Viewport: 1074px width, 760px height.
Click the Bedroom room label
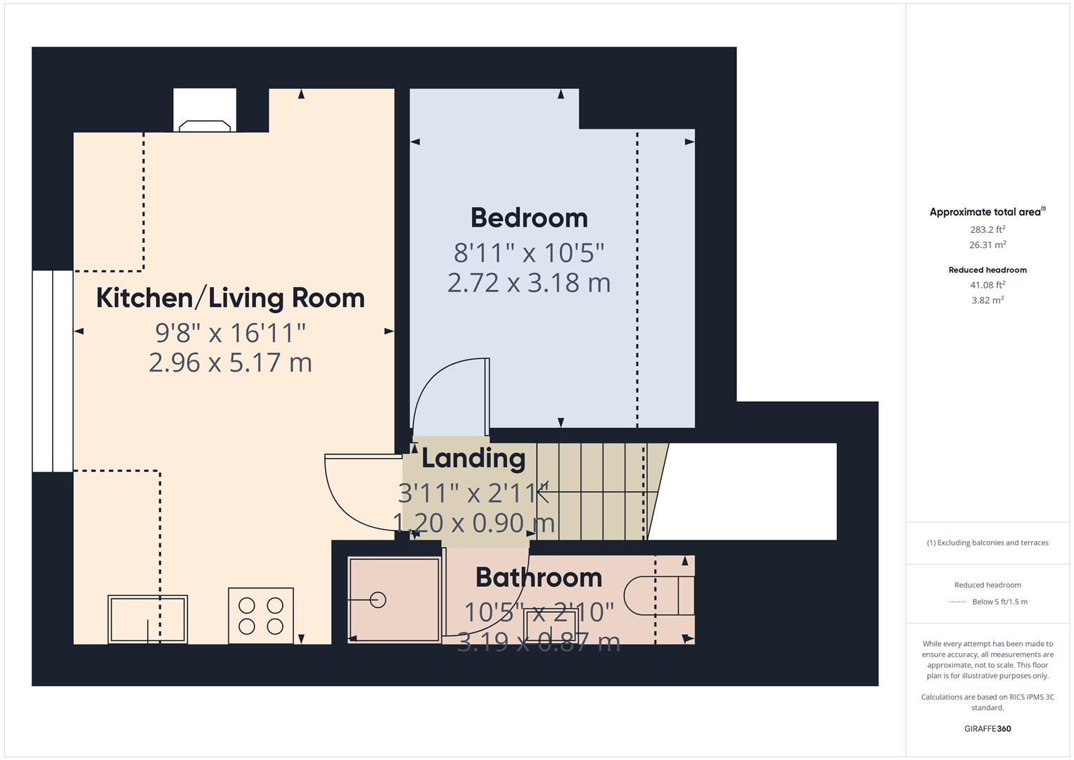[529, 218]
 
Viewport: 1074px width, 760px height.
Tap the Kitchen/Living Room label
[230, 298]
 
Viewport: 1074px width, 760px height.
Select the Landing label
[473, 459]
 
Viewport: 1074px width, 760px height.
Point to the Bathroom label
[539, 577]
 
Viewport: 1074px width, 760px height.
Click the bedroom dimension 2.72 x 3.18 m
[529, 283]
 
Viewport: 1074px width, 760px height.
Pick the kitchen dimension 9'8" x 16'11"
[230, 332]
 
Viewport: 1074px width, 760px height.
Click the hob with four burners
[261, 616]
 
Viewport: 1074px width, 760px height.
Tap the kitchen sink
[148, 619]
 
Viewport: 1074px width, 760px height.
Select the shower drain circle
[378, 600]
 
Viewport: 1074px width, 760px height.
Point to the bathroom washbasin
[551, 625]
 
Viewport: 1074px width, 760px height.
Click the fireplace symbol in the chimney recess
[205, 126]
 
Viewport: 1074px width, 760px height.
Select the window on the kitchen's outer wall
[53, 371]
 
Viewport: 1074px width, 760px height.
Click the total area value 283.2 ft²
[987, 229]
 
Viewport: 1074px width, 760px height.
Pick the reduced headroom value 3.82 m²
[987, 300]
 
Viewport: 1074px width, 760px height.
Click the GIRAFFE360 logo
[987, 728]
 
